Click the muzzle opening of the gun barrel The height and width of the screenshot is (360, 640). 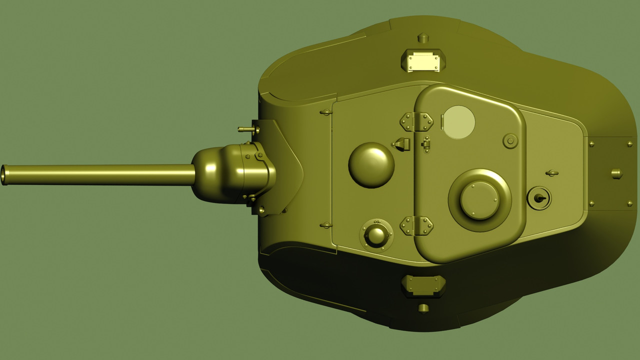[4, 175]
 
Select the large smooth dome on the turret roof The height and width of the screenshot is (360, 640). [371, 165]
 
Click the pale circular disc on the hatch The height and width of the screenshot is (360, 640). [459, 122]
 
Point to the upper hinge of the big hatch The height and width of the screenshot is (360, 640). [416, 121]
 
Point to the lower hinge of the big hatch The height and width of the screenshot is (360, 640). [416, 225]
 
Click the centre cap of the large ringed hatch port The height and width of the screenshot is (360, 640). [479, 200]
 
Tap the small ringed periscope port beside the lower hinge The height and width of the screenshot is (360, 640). [376, 234]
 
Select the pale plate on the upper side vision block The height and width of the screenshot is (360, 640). [423, 62]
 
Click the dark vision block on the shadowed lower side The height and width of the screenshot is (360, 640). [423, 285]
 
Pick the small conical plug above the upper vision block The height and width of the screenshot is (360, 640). [423, 37]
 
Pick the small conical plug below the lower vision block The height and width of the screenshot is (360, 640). [423, 307]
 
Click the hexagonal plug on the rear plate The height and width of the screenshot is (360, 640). [616, 173]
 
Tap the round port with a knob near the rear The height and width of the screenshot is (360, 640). [539, 198]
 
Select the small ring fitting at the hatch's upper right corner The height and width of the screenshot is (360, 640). [510, 141]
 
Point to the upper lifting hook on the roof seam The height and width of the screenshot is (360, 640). [326, 112]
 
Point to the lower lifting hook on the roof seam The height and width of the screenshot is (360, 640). [326, 225]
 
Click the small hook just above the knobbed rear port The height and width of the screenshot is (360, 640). [551, 173]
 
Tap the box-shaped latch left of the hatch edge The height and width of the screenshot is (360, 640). [402, 144]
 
